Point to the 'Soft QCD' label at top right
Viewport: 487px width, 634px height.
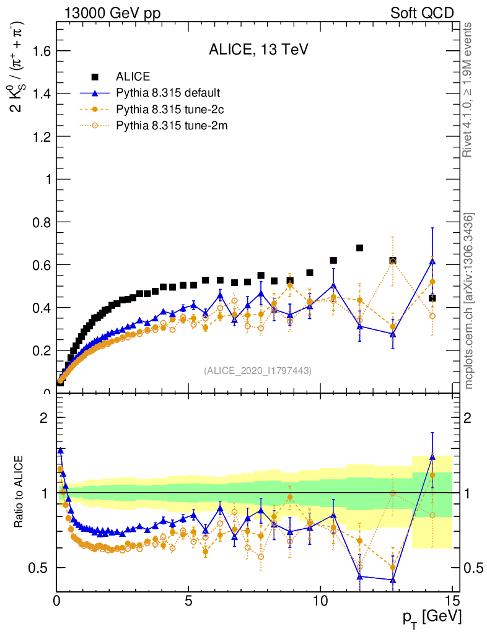422,13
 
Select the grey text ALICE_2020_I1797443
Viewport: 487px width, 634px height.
258,370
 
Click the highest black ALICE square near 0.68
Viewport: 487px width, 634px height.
359,248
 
